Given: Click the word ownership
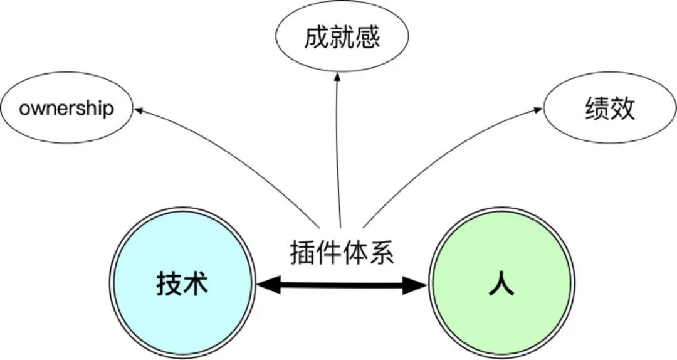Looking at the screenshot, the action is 66,108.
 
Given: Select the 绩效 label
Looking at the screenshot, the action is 610,108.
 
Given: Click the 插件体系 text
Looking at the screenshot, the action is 342,252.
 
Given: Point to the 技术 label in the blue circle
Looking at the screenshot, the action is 182,283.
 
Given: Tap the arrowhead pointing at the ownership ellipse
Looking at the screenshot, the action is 138,110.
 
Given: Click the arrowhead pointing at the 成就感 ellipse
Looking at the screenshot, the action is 338,77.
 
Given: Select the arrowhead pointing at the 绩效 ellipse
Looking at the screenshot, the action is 538,110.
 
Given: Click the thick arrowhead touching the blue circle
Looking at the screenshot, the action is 268,285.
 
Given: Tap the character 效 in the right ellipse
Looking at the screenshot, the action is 623,108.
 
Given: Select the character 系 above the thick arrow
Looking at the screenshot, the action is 381,252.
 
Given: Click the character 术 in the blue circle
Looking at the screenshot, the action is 196,283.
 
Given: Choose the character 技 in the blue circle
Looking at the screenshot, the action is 169,283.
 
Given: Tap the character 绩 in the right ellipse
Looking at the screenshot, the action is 597,108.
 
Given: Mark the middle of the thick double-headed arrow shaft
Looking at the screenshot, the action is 342,285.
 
